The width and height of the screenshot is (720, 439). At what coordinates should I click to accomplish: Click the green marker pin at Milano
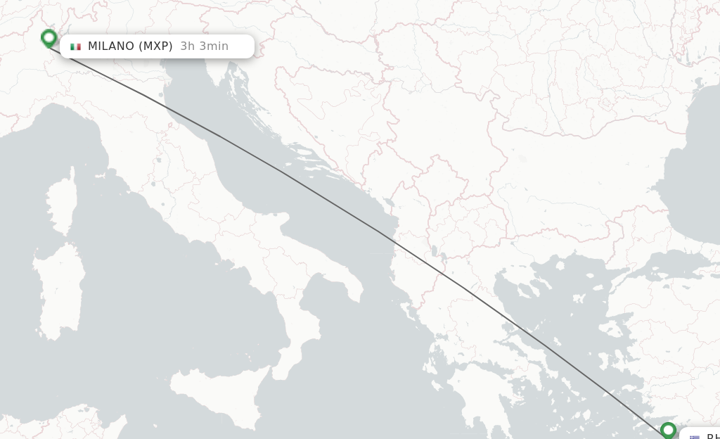(x=49, y=37)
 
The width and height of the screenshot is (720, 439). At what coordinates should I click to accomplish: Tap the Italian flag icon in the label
(x=75, y=46)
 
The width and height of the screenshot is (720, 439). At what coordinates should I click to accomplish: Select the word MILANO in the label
(x=110, y=46)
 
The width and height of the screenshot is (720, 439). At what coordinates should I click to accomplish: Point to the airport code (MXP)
(x=155, y=46)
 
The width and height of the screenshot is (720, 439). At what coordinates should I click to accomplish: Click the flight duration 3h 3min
(x=204, y=46)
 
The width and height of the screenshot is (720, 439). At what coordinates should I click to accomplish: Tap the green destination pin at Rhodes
(x=668, y=428)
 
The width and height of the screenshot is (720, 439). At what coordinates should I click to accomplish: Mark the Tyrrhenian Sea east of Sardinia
(x=162, y=295)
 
